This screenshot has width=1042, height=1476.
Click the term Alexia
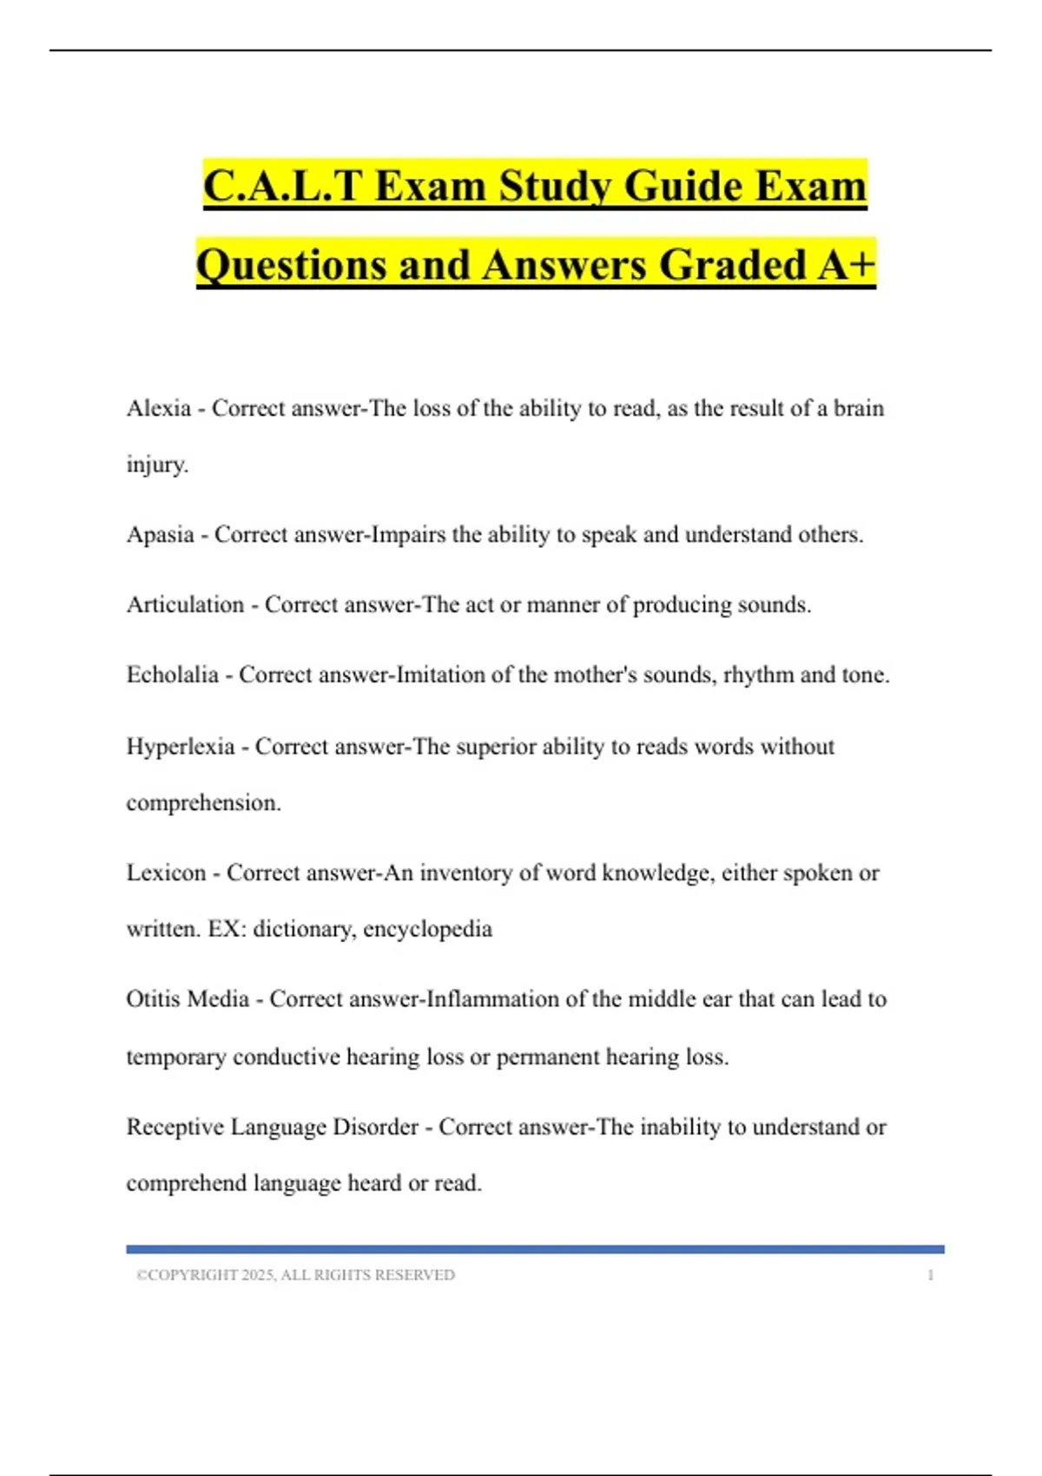[158, 408]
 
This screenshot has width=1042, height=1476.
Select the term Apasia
[160, 535]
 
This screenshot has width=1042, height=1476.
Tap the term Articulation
[185, 605]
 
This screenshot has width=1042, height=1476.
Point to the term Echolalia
[172, 675]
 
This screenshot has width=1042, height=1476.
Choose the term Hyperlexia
[180, 747]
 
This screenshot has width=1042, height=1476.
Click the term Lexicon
[166, 873]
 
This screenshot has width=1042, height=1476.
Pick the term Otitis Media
[188, 999]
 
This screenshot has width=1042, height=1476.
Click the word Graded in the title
[733, 265]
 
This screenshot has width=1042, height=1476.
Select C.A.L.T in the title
[281, 186]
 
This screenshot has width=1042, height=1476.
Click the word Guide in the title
[680, 186]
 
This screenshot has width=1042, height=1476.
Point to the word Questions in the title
[291, 265]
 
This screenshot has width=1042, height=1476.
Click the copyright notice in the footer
[295, 1275]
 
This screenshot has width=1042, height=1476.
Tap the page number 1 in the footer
[930, 1275]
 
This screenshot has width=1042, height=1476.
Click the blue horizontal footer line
[535, 1249]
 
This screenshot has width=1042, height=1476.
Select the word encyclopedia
[427, 930]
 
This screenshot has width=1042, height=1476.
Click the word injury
[156, 465]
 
